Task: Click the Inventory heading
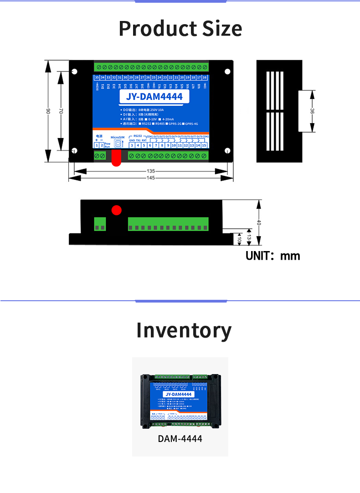click(184, 330)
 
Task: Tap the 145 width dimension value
click(151, 178)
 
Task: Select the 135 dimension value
click(151, 171)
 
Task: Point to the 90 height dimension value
click(48, 112)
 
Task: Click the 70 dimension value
click(61, 111)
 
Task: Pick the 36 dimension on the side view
click(312, 111)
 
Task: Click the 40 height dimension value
click(259, 223)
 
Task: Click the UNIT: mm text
click(273, 256)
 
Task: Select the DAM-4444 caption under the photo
click(180, 439)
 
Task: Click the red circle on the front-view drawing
click(117, 210)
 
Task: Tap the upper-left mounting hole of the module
click(75, 72)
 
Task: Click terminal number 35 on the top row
click(97, 78)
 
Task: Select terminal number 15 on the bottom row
click(204, 145)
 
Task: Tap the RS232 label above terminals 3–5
click(138, 136)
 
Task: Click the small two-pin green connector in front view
click(100, 224)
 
